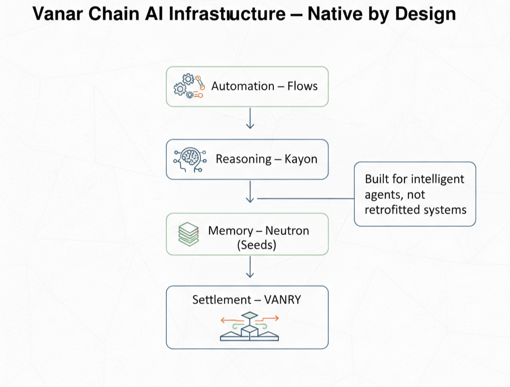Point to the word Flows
point(302,86)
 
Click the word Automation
point(243,86)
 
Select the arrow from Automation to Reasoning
point(250,118)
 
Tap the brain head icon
point(189,159)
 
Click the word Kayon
point(301,159)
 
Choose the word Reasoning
point(244,159)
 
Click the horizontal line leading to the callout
point(305,198)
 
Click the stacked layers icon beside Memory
point(189,234)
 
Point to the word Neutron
point(287,231)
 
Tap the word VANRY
point(283,300)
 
